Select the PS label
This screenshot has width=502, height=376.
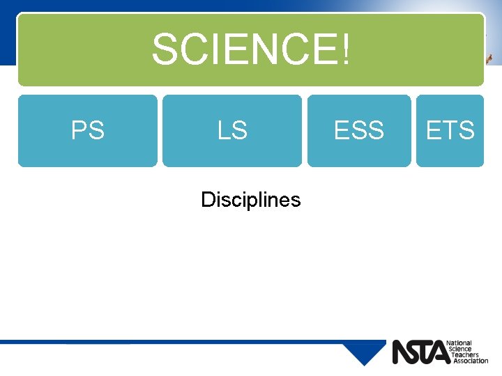(88, 130)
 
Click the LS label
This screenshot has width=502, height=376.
(232, 130)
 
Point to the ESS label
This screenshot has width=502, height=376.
(359, 130)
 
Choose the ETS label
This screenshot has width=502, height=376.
(450, 130)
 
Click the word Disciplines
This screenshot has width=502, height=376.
(251, 200)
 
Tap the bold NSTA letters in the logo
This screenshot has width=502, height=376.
(420, 352)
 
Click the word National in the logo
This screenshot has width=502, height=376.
(460, 343)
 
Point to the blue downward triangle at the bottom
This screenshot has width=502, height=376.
(364, 352)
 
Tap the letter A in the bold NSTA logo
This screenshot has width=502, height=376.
(441, 352)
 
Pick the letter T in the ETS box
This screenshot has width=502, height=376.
(450, 130)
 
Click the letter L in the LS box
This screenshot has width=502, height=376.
(223, 130)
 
